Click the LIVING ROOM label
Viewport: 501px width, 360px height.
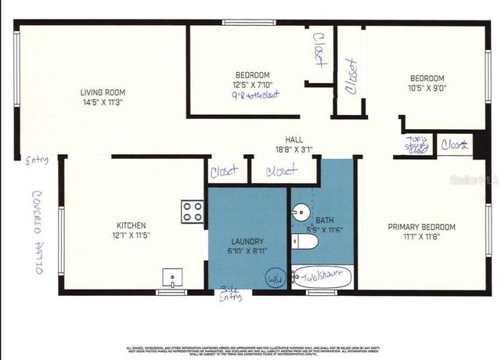click(x=102, y=92)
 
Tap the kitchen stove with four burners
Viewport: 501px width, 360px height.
click(x=193, y=211)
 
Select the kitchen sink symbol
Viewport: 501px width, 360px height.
click(x=172, y=277)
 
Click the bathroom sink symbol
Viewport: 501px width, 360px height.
click(x=301, y=212)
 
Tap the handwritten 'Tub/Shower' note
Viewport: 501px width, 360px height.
click(x=323, y=275)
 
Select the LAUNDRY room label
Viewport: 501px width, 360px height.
click(x=247, y=242)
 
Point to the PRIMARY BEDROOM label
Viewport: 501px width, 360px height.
click(x=421, y=227)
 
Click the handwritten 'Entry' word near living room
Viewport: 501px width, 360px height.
click(x=36, y=160)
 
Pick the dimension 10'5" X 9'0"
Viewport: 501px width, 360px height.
click(x=427, y=88)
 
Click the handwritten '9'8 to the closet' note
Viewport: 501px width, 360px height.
click(x=256, y=95)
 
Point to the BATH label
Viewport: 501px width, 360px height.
click(x=323, y=221)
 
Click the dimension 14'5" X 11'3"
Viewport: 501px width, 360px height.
click(x=102, y=102)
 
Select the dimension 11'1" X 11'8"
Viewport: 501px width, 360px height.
click(x=421, y=236)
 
